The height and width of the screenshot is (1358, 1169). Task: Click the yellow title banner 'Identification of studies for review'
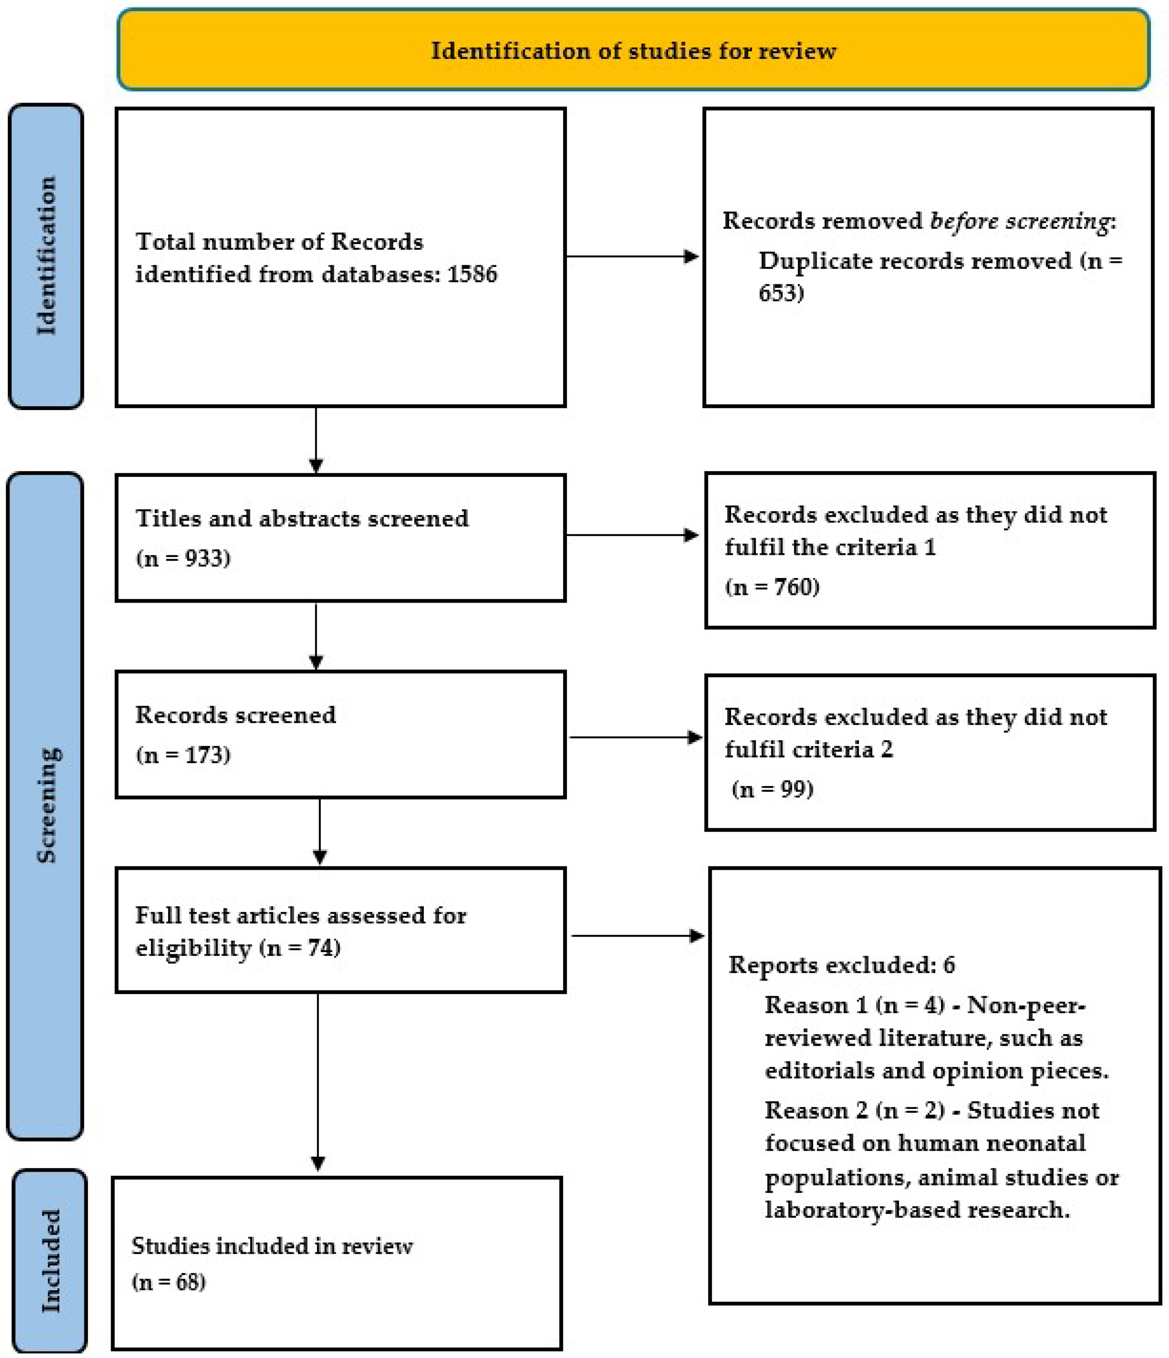[633, 50]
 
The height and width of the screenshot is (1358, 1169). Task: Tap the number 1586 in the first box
[472, 274]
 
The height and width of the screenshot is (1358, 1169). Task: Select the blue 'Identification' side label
[46, 256]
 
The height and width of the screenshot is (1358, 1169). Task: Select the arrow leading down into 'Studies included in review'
[318, 1081]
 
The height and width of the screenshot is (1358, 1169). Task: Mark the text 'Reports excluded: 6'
[842, 965]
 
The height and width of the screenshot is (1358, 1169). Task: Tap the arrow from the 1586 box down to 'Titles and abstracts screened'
[316, 439]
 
